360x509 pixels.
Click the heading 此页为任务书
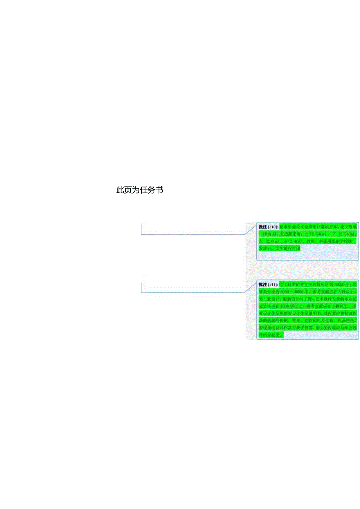[140, 190]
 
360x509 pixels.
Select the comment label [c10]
[273, 227]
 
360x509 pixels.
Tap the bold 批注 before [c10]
[263, 227]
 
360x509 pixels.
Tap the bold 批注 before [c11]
[263, 284]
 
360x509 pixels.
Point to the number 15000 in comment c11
[336, 284]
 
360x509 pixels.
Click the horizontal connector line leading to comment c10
[192, 235]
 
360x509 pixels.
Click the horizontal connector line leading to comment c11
[192, 292]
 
